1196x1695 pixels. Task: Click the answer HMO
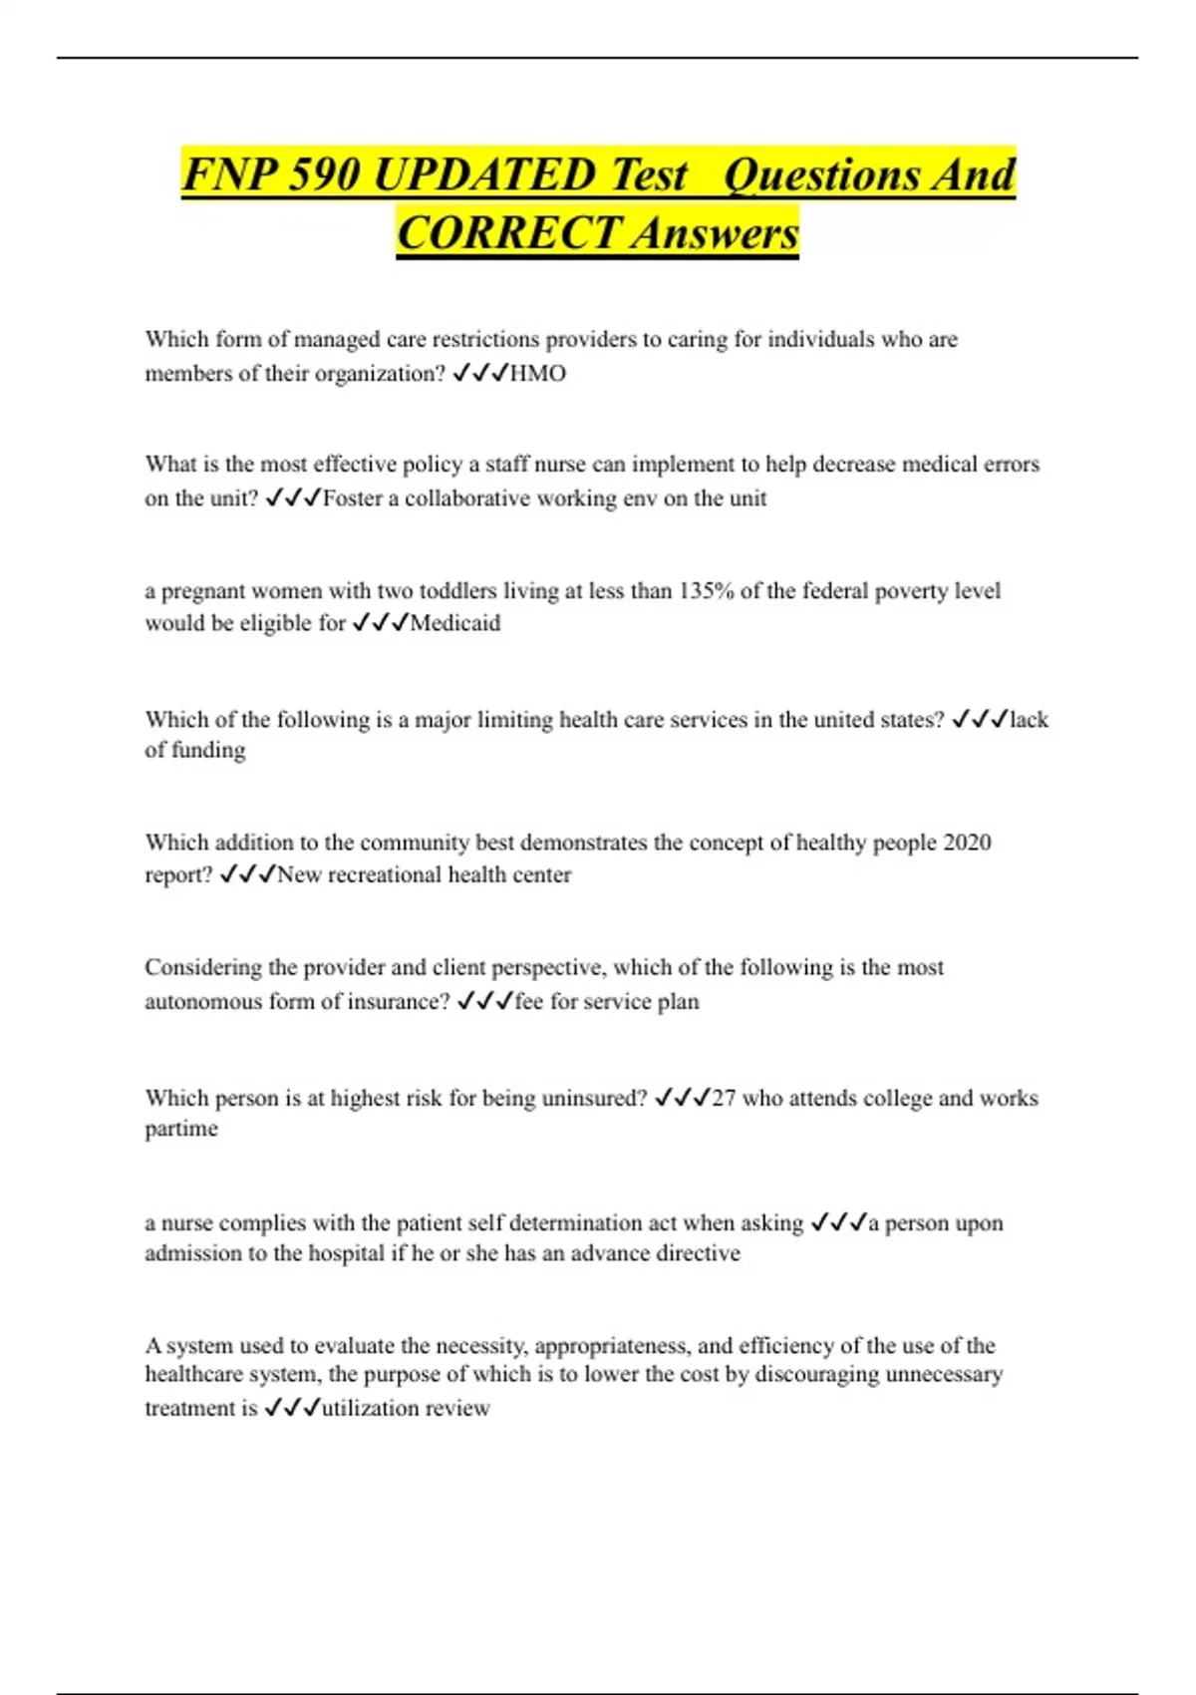point(537,374)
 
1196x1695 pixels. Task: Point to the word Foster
point(352,499)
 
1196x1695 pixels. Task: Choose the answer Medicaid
point(455,623)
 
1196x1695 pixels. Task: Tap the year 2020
point(966,843)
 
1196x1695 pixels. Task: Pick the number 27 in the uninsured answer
point(724,1099)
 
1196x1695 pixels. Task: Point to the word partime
point(181,1130)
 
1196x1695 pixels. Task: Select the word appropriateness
point(611,1346)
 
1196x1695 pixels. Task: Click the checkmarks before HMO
point(479,374)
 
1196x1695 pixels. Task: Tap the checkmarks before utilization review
point(292,1409)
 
